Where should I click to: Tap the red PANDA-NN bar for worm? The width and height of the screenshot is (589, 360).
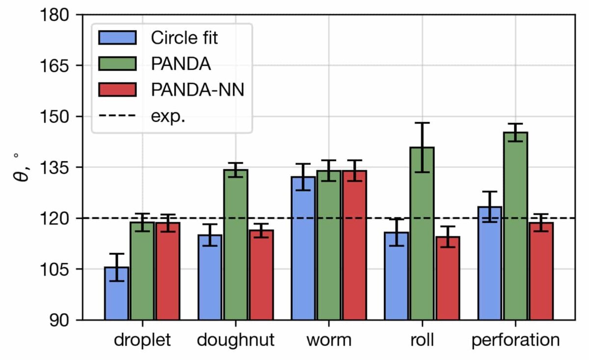coord(354,245)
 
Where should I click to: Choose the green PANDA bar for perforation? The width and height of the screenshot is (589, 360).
coord(515,226)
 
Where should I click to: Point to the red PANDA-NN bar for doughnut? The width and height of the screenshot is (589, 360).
coord(261,275)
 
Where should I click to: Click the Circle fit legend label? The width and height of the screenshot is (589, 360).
coord(184,38)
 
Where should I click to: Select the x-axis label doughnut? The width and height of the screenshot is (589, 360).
coord(236,340)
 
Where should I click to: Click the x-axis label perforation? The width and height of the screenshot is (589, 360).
coord(515,340)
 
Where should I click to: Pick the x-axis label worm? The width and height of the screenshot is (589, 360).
coord(329,340)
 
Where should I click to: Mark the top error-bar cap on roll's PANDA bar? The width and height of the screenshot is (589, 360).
coord(422,123)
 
